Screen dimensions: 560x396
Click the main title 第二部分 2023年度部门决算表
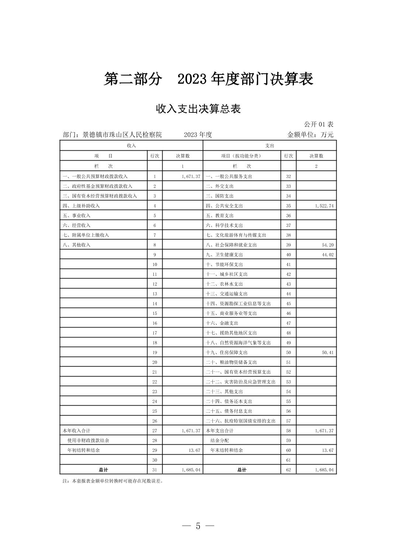[208, 79]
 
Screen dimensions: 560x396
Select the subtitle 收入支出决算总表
[198, 109]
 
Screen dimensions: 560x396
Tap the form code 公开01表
[319, 125]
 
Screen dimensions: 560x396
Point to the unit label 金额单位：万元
[310, 134]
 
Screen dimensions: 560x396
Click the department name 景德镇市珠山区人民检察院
[122, 134]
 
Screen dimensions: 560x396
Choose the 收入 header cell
[131, 146]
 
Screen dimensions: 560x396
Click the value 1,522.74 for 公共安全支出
[324, 206]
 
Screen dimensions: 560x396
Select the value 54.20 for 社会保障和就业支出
[327, 245]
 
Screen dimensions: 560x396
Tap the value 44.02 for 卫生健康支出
[327, 255]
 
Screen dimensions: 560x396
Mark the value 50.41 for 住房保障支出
[327, 353]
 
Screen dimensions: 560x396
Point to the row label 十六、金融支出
[222, 323]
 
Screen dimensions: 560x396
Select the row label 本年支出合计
[219, 431]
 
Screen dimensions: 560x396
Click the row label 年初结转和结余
[83, 450]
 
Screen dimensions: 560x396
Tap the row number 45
[288, 304]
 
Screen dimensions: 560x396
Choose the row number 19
[154, 353]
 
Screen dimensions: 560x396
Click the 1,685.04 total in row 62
[324, 470]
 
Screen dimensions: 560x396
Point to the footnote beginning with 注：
[113, 481]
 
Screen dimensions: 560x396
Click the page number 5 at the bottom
[198, 526]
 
